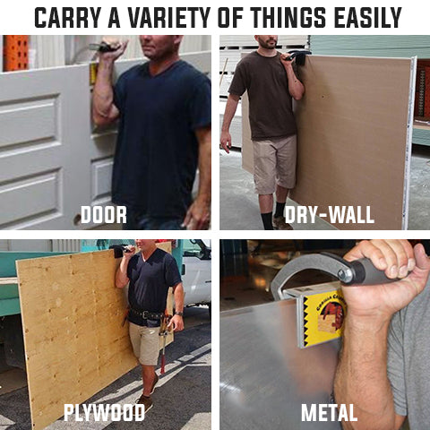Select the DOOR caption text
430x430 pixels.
104,215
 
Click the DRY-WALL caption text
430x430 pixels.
329,215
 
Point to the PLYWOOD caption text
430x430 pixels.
104,412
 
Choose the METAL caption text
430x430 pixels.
329,412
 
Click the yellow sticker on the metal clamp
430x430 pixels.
324,320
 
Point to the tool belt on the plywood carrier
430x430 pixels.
146,314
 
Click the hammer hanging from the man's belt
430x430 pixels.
163,343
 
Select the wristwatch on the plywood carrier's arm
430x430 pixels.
179,314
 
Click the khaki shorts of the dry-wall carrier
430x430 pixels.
274,165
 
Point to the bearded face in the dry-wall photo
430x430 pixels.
267,41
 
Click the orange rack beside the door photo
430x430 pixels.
15,53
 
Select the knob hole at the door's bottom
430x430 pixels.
78,219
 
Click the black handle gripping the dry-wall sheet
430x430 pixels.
297,56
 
